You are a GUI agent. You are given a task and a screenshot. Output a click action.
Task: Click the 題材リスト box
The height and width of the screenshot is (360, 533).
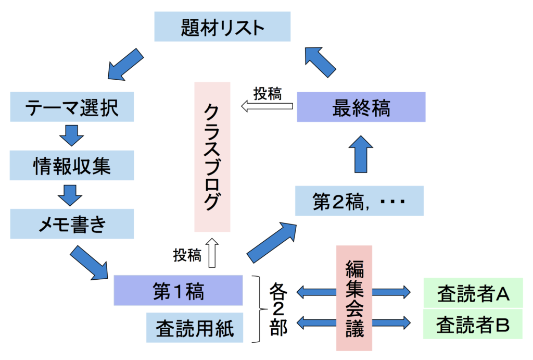click(222, 27)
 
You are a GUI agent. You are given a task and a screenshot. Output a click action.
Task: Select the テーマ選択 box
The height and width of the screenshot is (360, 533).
click(72, 107)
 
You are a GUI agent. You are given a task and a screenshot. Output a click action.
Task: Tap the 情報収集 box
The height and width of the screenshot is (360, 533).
click(72, 165)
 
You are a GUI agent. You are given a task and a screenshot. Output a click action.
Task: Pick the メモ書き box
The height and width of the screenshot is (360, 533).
click(72, 224)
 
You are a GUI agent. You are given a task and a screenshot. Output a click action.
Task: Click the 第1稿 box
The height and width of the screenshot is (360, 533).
click(178, 290)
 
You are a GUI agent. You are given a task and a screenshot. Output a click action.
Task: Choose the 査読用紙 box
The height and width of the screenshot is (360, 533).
click(195, 328)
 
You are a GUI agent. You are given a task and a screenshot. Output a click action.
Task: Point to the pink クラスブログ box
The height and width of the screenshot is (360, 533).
click(212, 157)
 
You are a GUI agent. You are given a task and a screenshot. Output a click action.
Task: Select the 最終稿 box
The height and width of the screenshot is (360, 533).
click(361, 107)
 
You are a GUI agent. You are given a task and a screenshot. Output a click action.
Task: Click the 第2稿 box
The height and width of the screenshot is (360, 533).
click(359, 201)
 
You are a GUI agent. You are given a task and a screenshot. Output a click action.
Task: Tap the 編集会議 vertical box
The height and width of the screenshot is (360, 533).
click(354, 298)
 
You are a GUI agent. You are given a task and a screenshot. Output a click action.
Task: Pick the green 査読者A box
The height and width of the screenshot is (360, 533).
click(473, 293)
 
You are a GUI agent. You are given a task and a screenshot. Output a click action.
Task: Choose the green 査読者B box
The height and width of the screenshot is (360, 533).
click(473, 324)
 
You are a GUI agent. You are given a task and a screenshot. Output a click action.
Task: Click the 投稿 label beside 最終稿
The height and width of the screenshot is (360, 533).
click(268, 94)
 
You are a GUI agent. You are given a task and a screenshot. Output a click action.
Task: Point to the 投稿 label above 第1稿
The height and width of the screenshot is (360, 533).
click(187, 255)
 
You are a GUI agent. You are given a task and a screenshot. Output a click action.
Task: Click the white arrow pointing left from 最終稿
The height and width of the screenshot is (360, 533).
click(267, 106)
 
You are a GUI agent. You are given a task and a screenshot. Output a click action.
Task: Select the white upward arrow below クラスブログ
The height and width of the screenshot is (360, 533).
click(212, 253)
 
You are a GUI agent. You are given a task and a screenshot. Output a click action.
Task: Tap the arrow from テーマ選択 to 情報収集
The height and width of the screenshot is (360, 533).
click(71, 135)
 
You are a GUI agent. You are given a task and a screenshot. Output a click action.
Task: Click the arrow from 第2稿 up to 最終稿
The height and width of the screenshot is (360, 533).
click(361, 154)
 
